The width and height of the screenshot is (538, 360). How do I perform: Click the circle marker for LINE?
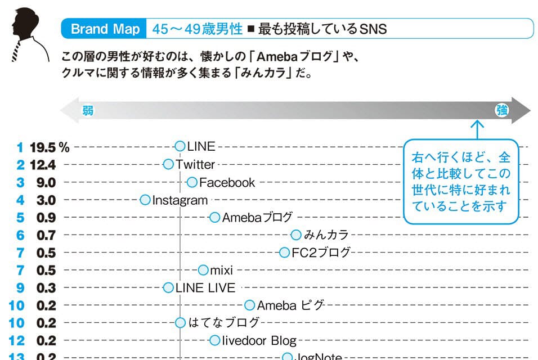pyautogui.click(x=180, y=147)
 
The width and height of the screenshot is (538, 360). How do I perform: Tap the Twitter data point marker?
pyautogui.click(x=168, y=164)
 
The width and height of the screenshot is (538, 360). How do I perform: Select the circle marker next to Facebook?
pyautogui.click(x=192, y=182)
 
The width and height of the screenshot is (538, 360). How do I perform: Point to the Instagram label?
pyautogui.click(x=180, y=200)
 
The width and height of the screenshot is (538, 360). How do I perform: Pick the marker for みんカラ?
pyautogui.click(x=296, y=235)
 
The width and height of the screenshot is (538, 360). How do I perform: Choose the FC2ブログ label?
pyautogui.click(x=321, y=253)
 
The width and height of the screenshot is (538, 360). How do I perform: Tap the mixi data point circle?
pyautogui.click(x=203, y=271)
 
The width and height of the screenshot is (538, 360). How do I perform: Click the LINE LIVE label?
pyautogui.click(x=205, y=288)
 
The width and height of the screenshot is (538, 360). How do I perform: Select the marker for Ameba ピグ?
pyautogui.click(x=250, y=305)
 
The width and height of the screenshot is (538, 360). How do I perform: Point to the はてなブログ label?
pyautogui.click(x=223, y=323)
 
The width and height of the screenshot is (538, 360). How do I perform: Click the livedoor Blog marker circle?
pyautogui.click(x=214, y=340)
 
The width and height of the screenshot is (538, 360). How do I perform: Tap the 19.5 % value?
pyautogui.click(x=50, y=147)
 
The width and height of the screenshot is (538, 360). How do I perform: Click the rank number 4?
pyautogui.click(x=20, y=200)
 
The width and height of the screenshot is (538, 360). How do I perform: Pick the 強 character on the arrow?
pyautogui.click(x=501, y=111)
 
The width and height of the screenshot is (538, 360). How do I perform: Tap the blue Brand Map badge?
pyautogui.click(x=105, y=29)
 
